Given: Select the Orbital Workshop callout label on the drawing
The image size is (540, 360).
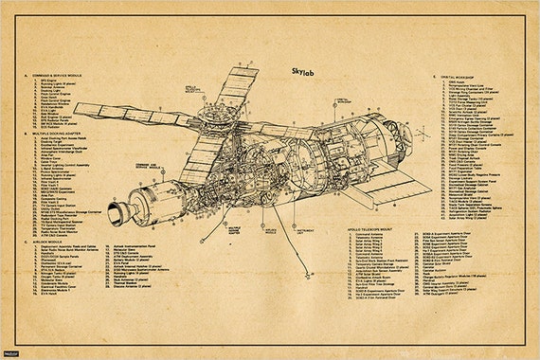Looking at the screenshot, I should pyautogui.click(x=340, y=99).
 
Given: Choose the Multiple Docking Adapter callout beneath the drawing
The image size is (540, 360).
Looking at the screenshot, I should pyautogui.click(x=235, y=230).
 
